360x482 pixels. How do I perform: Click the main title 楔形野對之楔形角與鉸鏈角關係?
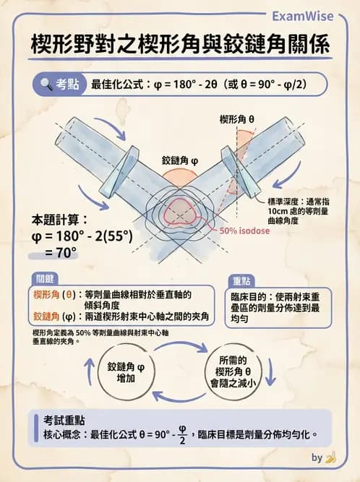point(180,46)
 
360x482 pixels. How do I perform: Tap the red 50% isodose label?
point(239,231)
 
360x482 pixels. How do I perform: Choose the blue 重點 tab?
point(241,280)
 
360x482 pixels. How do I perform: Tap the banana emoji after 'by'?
point(331,457)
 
